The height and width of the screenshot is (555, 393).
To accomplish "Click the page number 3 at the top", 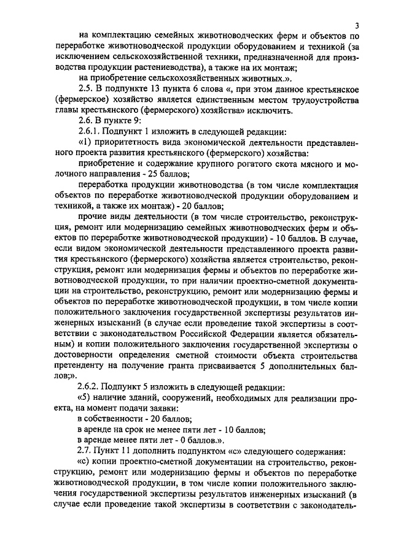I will (357, 25).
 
